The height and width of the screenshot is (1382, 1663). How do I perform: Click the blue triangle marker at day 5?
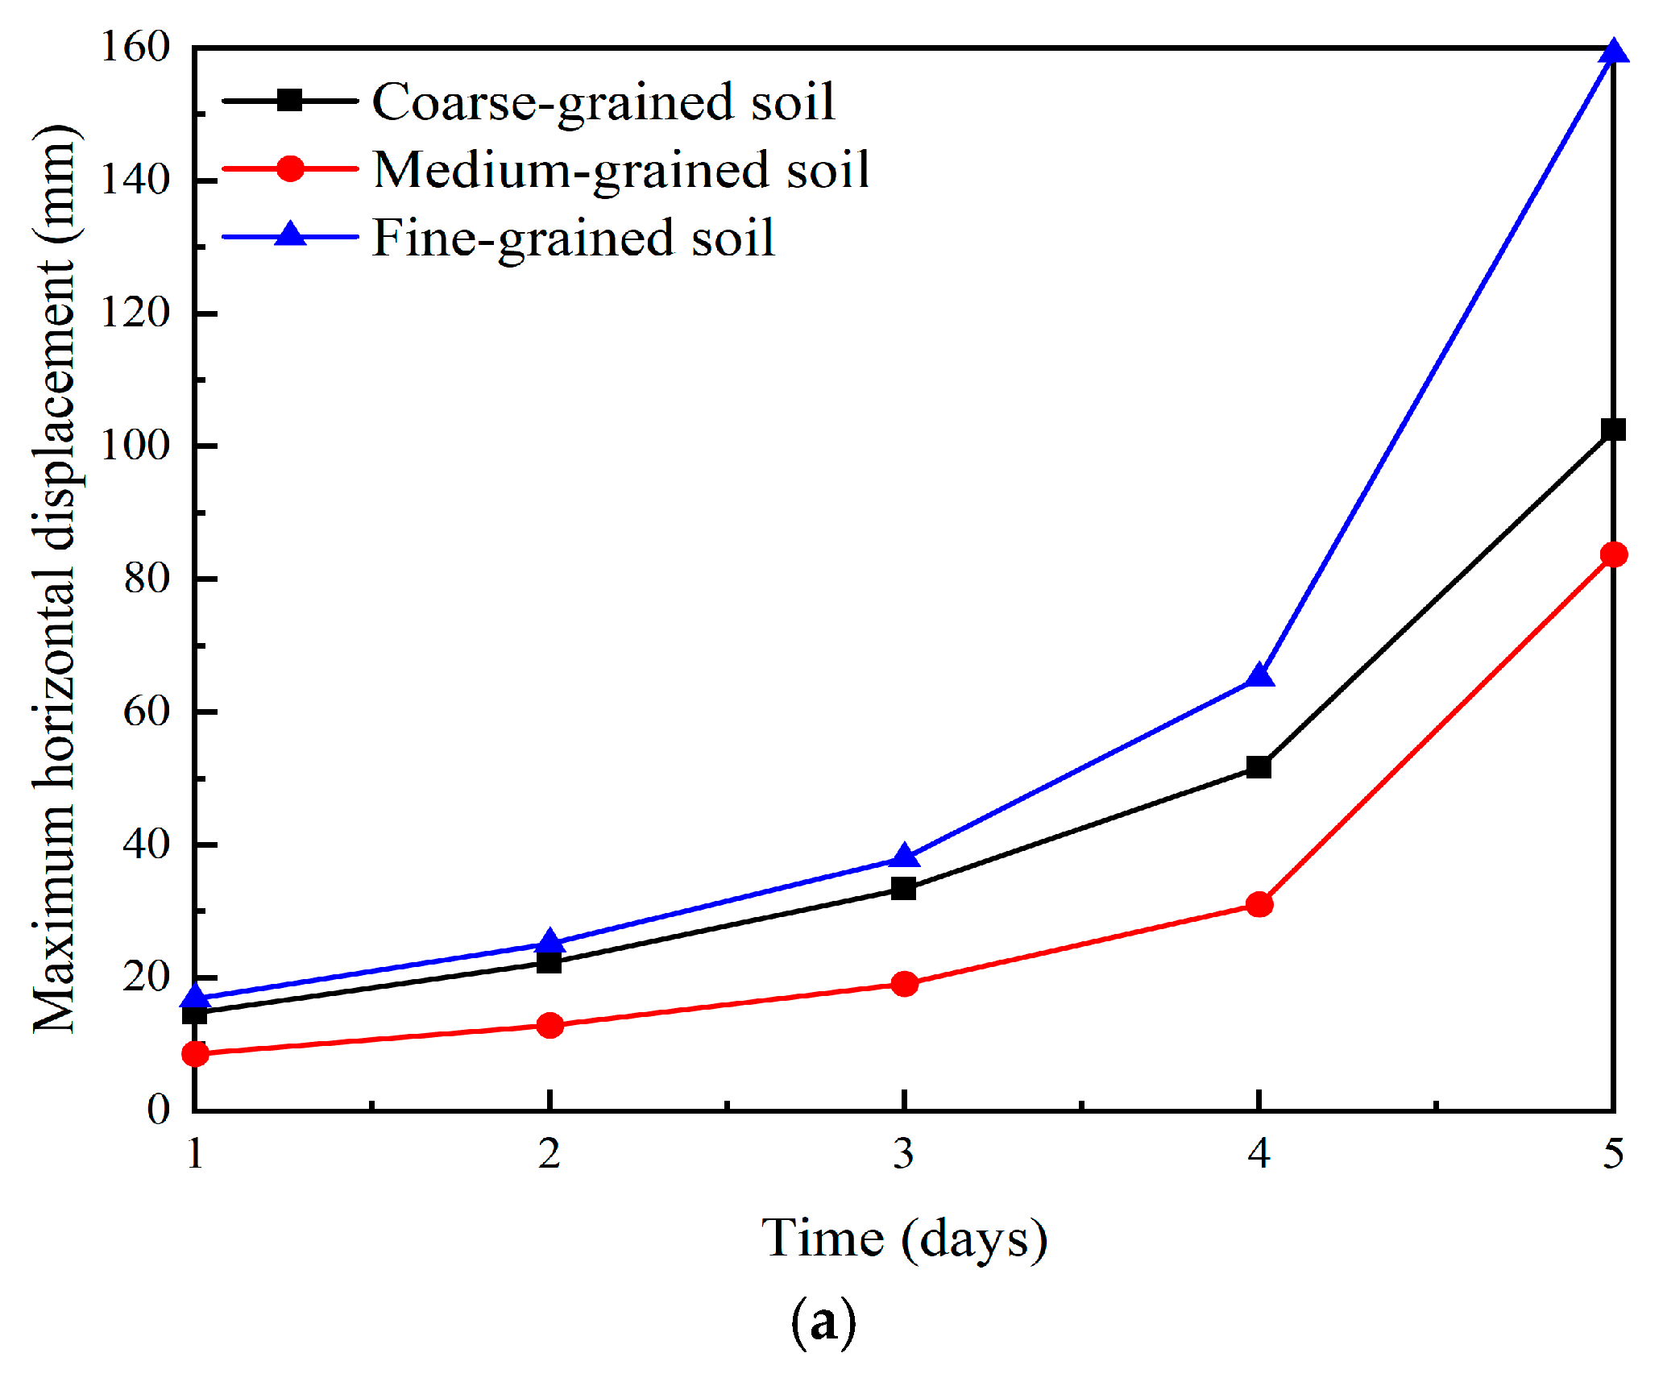1613,52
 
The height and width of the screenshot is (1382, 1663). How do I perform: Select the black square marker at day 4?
1259,766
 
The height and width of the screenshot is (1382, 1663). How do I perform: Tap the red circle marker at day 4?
1259,904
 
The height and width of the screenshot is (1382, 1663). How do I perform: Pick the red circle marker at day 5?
1614,554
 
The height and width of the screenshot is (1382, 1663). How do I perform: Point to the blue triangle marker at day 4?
1259,675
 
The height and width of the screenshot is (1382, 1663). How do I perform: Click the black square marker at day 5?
1613,430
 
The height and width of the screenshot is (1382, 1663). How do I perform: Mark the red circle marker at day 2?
549,1025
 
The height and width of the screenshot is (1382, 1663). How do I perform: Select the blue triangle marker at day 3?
904,855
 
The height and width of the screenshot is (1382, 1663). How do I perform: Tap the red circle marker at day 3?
904,983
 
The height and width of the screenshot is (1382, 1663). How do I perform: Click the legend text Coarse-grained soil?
603,103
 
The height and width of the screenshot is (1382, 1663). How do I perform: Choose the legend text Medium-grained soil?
621,171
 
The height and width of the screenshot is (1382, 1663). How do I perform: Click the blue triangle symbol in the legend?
290,234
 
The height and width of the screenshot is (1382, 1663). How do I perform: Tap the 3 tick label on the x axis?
904,1154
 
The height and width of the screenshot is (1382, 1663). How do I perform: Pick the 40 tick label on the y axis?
147,845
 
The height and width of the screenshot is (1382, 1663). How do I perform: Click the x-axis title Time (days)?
904,1239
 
